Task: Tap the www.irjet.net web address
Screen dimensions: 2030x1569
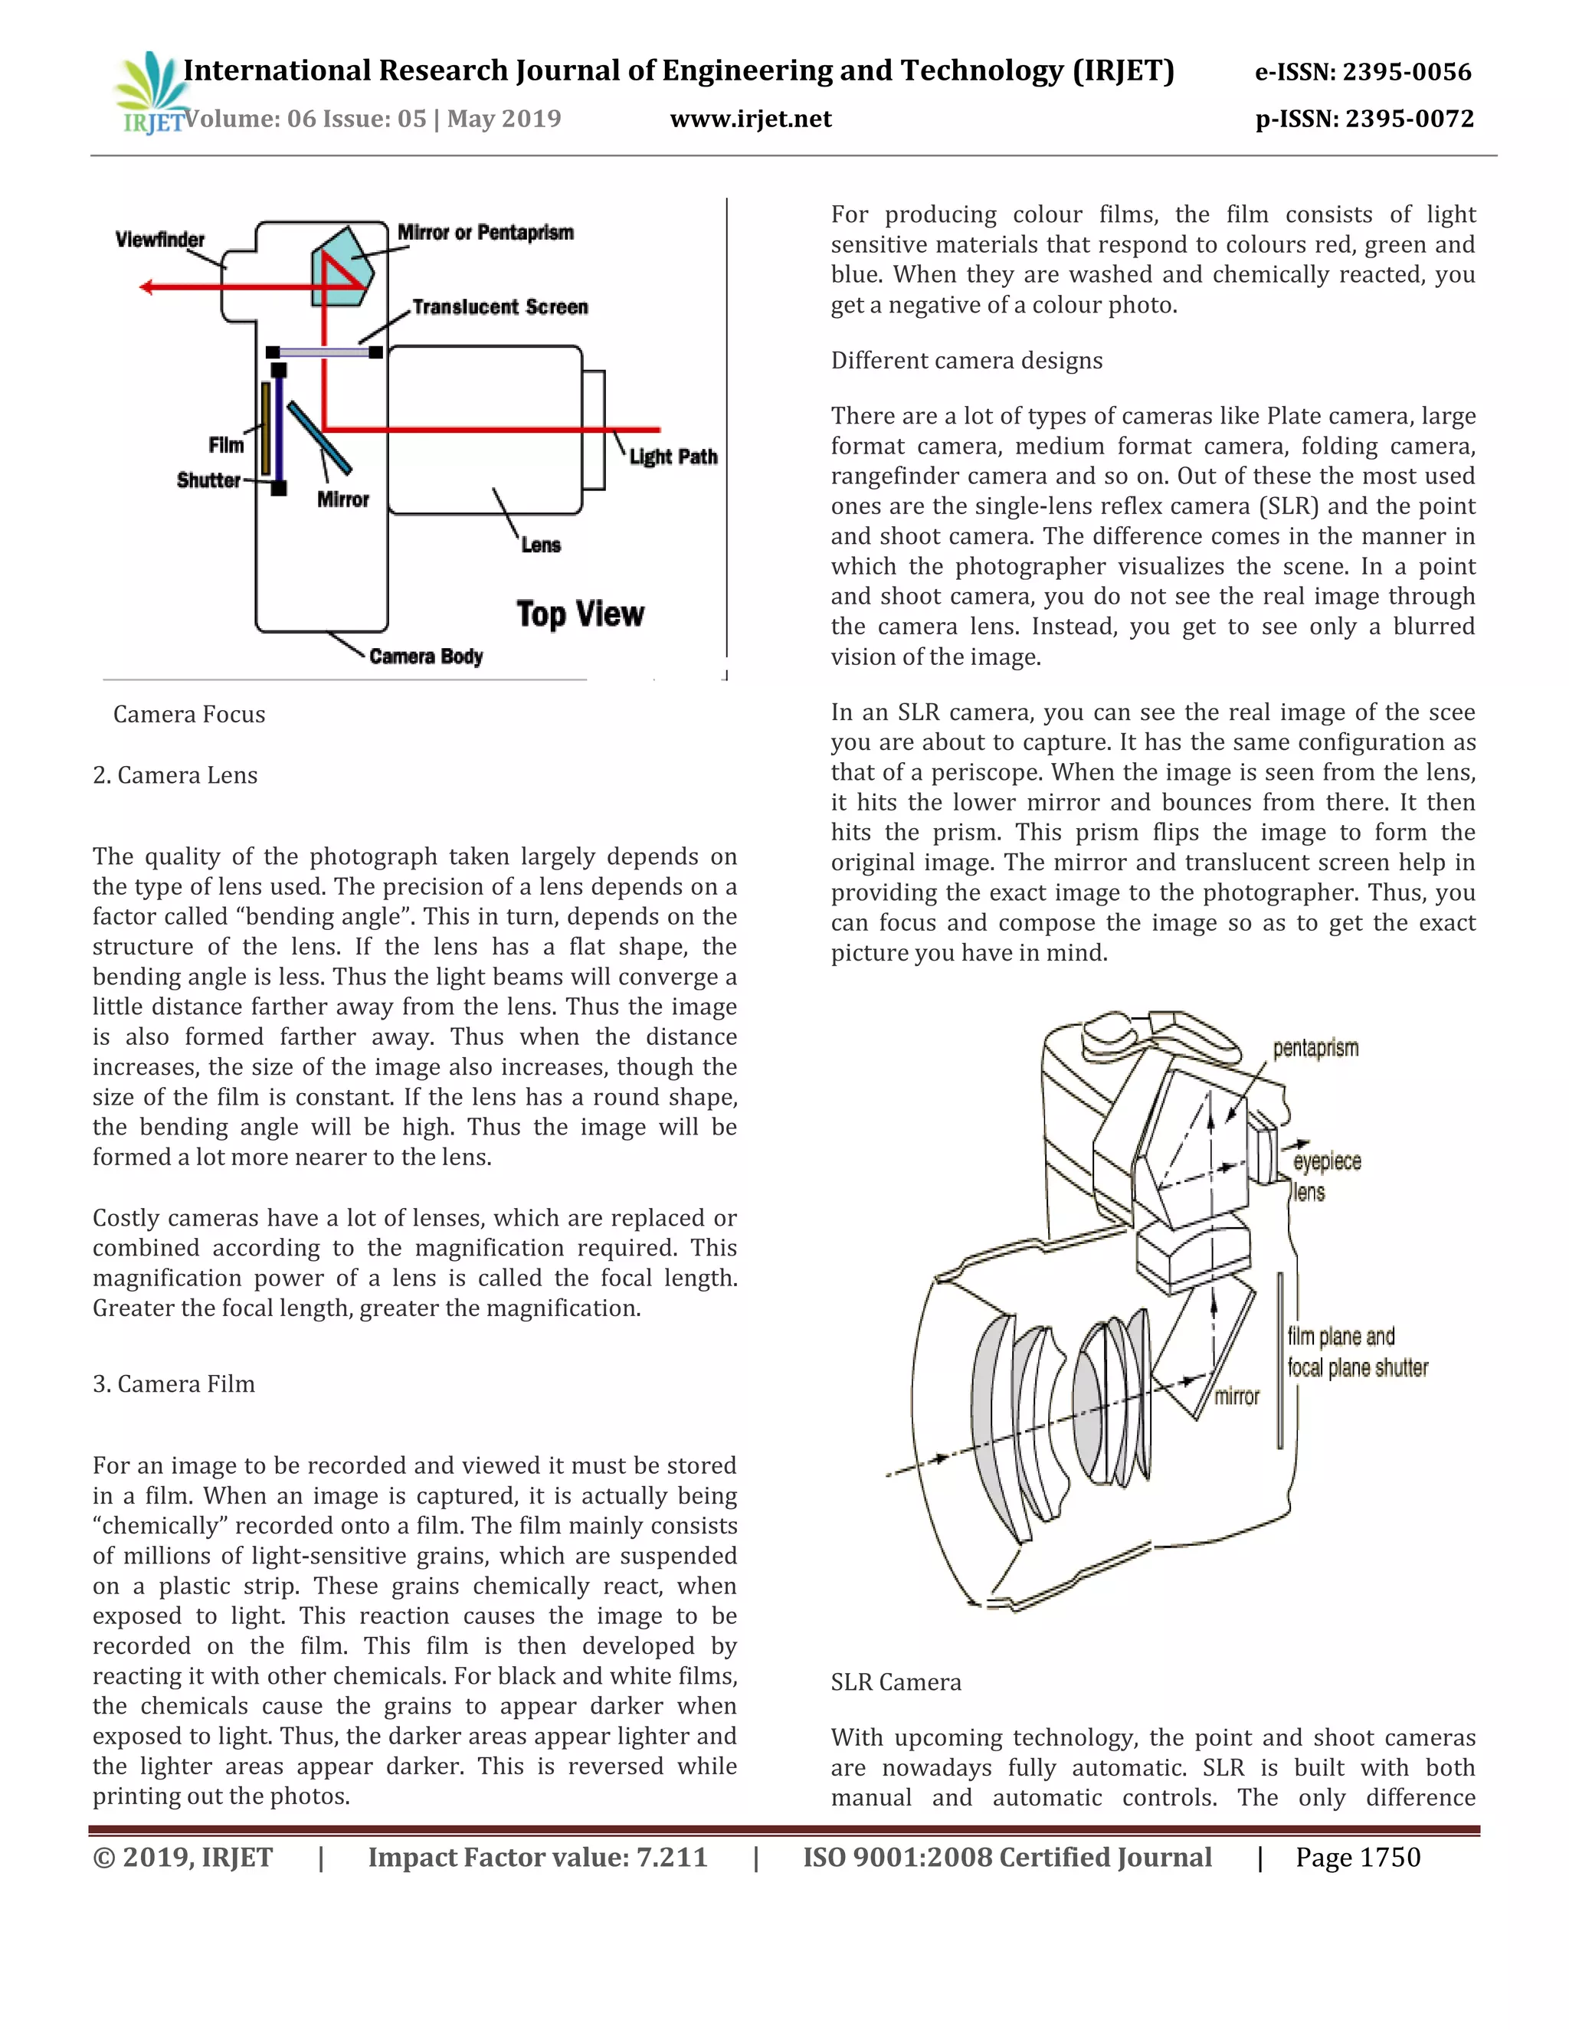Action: pos(750,119)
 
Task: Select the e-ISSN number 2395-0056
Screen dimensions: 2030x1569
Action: pos(1363,73)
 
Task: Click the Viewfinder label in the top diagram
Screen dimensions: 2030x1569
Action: pos(160,240)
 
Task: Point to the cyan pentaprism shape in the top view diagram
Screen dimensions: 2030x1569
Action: pos(346,267)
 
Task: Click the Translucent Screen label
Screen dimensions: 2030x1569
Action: pos(500,306)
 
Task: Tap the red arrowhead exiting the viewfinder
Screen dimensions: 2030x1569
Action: pos(146,287)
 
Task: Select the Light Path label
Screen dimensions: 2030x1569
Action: pos(673,457)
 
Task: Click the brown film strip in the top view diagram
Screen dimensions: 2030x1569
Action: pos(266,427)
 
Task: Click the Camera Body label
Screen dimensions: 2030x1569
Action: pos(426,656)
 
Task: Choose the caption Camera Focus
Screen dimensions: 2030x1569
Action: pos(188,714)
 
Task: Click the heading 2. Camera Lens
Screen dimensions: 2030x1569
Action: pos(175,775)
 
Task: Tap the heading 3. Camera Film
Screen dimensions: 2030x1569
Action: pos(174,1384)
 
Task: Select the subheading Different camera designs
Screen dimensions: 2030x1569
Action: pos(967,361)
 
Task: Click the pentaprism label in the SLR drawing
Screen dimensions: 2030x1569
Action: pos(1315,1049)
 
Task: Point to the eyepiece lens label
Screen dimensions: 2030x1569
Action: pos(1326,1176)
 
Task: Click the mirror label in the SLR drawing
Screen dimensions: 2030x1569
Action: pos(1237,1396)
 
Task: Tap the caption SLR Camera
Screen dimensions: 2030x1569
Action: pos(895,1682)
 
